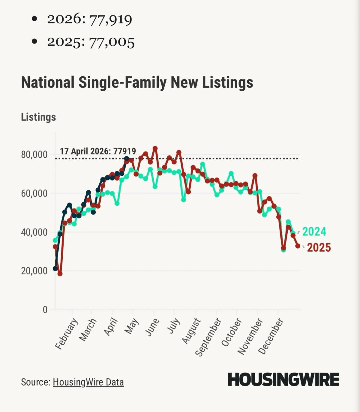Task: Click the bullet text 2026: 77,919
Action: (89, 20)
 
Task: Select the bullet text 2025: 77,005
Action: (91, 42)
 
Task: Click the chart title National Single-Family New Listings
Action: (137, 83)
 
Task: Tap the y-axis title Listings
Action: (38, 117)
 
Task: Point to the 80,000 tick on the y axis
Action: (34, 155)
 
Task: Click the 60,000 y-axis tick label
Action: (34, 193)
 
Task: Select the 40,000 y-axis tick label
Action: (34, 232)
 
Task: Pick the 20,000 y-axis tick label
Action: (34, 271)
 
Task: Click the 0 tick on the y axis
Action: (45, 310)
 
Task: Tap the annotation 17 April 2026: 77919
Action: (98, 151)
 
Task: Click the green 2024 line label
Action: (314, 232)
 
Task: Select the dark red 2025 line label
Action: (319, 247)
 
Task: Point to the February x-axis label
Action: (67, 334)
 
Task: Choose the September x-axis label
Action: (208, 337)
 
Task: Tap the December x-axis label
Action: (271, 336)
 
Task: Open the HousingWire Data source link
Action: (88, 382)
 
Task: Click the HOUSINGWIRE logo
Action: (283, 380)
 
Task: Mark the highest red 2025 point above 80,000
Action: (155, 148)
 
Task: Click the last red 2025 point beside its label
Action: (298, 246)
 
